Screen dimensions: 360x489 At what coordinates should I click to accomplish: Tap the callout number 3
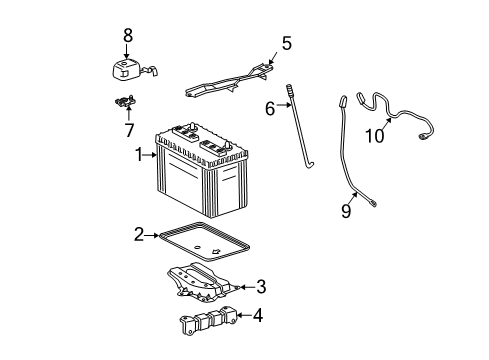(x=260, y=288)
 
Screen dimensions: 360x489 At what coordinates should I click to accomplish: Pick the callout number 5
(x=286, y=43)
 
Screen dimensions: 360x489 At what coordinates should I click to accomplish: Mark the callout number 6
(x=269, y=108)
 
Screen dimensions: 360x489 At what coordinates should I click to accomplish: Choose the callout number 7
(x=127, y=129)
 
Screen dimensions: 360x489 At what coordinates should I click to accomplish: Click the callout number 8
(x=127, y=37)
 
